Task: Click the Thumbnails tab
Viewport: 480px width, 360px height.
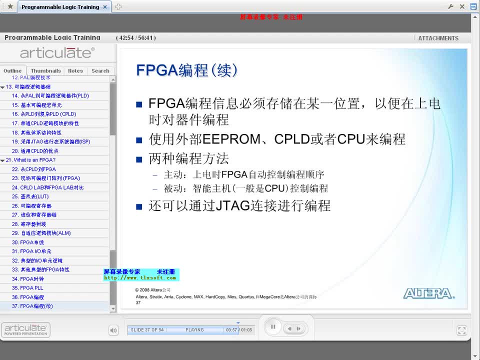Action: pyautogui.click(x=45, y=71)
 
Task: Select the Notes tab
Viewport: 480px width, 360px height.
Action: pyautogui.click(x=75, y=71)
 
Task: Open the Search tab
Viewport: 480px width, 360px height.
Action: pyautogui.click(x=100, y=71)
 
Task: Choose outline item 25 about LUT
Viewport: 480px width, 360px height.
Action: pyautogui.click(x=30, y=196)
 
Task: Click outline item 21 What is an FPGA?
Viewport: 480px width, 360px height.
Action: pyautogui.click(x=31, y=160)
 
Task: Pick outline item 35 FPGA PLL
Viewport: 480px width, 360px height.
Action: pyautogui.click(x=28, y=288)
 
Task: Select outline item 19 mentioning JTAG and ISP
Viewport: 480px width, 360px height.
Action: pyautogui.click(x=51, y=141)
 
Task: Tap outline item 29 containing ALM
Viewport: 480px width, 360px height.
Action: pyautogui.click(x=42, y=233)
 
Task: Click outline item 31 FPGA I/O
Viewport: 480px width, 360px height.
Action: pyautogui.click(x=31, y=251)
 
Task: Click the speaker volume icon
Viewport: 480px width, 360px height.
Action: pyautogui.click(x=113, y=330)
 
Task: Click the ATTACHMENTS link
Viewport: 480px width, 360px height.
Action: pyautogui.click(x=438, y=38)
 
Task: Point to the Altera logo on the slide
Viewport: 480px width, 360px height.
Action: pyautogui.click(x=429, y=293)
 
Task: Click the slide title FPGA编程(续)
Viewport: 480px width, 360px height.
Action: pyautogui.click(x=187, y=70)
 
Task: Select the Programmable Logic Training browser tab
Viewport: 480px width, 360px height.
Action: pyautogui.click(x=60, y=7)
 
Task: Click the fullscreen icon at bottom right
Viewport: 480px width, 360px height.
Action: pyautogui.click(x=461, y=330)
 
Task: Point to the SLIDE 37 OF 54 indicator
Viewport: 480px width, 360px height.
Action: pyautogui.click(x=147, y=330)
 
